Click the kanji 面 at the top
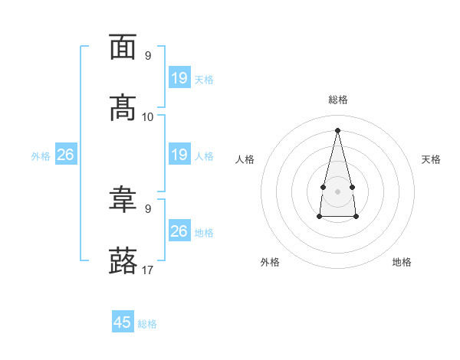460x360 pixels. pyautogui.click(x=123, y=47)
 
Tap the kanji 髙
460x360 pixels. pyautogui.click(x=123, y=108)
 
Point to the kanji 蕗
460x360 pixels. pyautogui.click(x=123, y=260)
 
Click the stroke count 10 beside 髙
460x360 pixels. pyautogui.click(x=147, y=117)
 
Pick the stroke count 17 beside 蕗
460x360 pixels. pyautogui.click(x=147, y=270)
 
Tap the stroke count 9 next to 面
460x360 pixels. pyautogui.click(x=148, y=55)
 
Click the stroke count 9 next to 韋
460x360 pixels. pyautogui.click(x=148, y=209)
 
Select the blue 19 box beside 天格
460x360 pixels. pyautogui.click(x=179, y=77)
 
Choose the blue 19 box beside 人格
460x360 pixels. pyautogui.click(x=179, y=154)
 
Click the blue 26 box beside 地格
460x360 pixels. pyautogui.click(x=179, y=231)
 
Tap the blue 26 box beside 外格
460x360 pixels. pyautogui.click(x=66, y=154)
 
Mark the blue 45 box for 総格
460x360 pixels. pyautogui.click(x=123, y=321)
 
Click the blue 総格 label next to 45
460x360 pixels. pyautogui.click(x=147, y=324)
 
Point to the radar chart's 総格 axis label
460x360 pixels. pyautogui.click(x=338, y=100)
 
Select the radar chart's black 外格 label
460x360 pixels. pyautogui.click(x=270, y=262)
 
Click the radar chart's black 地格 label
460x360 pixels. pyautogui.click(x=402, y=262)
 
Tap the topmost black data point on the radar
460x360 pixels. pyautogui.click(x=337, y=130)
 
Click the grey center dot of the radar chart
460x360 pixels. pyautogui.click(x=337, y=191)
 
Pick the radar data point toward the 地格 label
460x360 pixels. pyautogui.click(x=356, y=217)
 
